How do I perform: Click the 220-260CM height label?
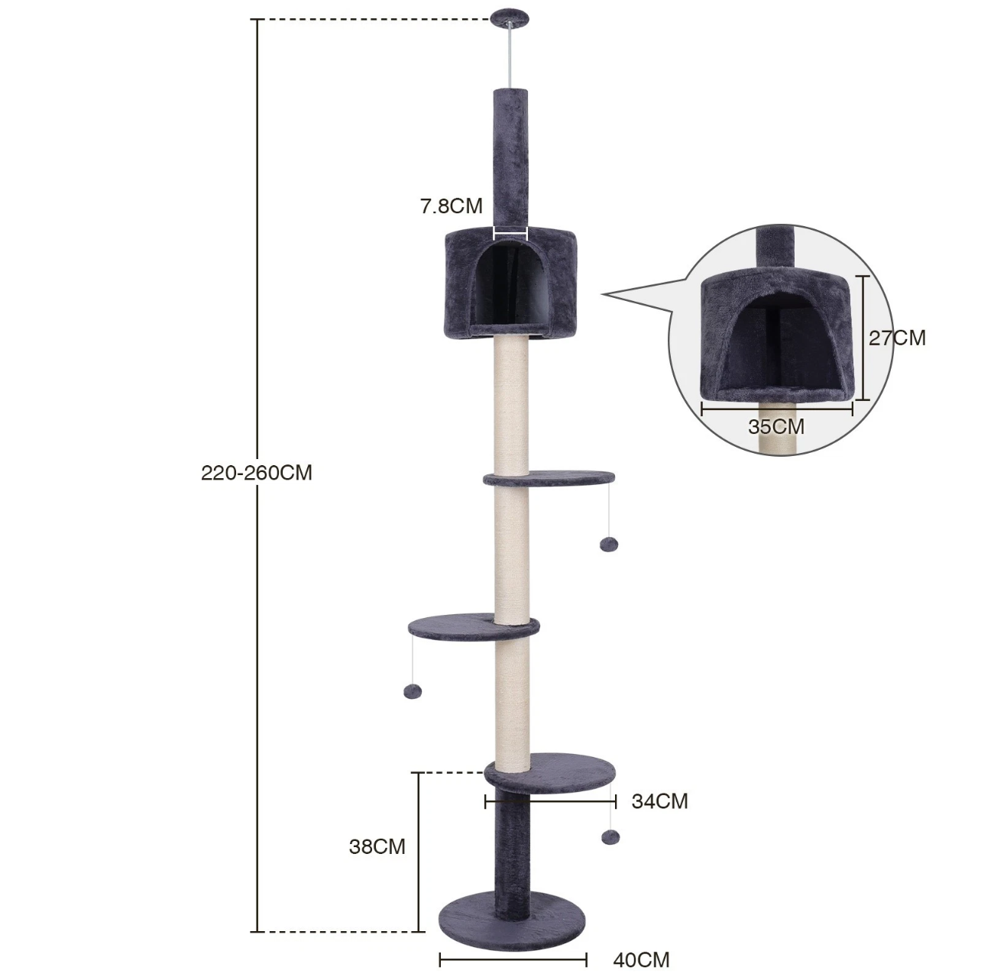[x=257, y=473]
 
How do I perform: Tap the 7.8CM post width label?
[x=451, y=205]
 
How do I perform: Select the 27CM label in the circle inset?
[x=897, y=338]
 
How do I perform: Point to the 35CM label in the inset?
[x=775, y=426]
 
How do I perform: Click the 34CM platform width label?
[x=659, y=801]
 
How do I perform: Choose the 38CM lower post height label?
[x=377, y=846]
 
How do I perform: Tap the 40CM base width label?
[x=641, y=959]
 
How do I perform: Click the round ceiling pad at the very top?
[x=510, y=15]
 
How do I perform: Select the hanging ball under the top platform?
[x=609, y=545]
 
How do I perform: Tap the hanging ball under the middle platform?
[x=411, y=691]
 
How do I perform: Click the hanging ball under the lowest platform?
[x=609, y=838]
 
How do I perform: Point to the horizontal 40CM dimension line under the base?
[x=513, y=959]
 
